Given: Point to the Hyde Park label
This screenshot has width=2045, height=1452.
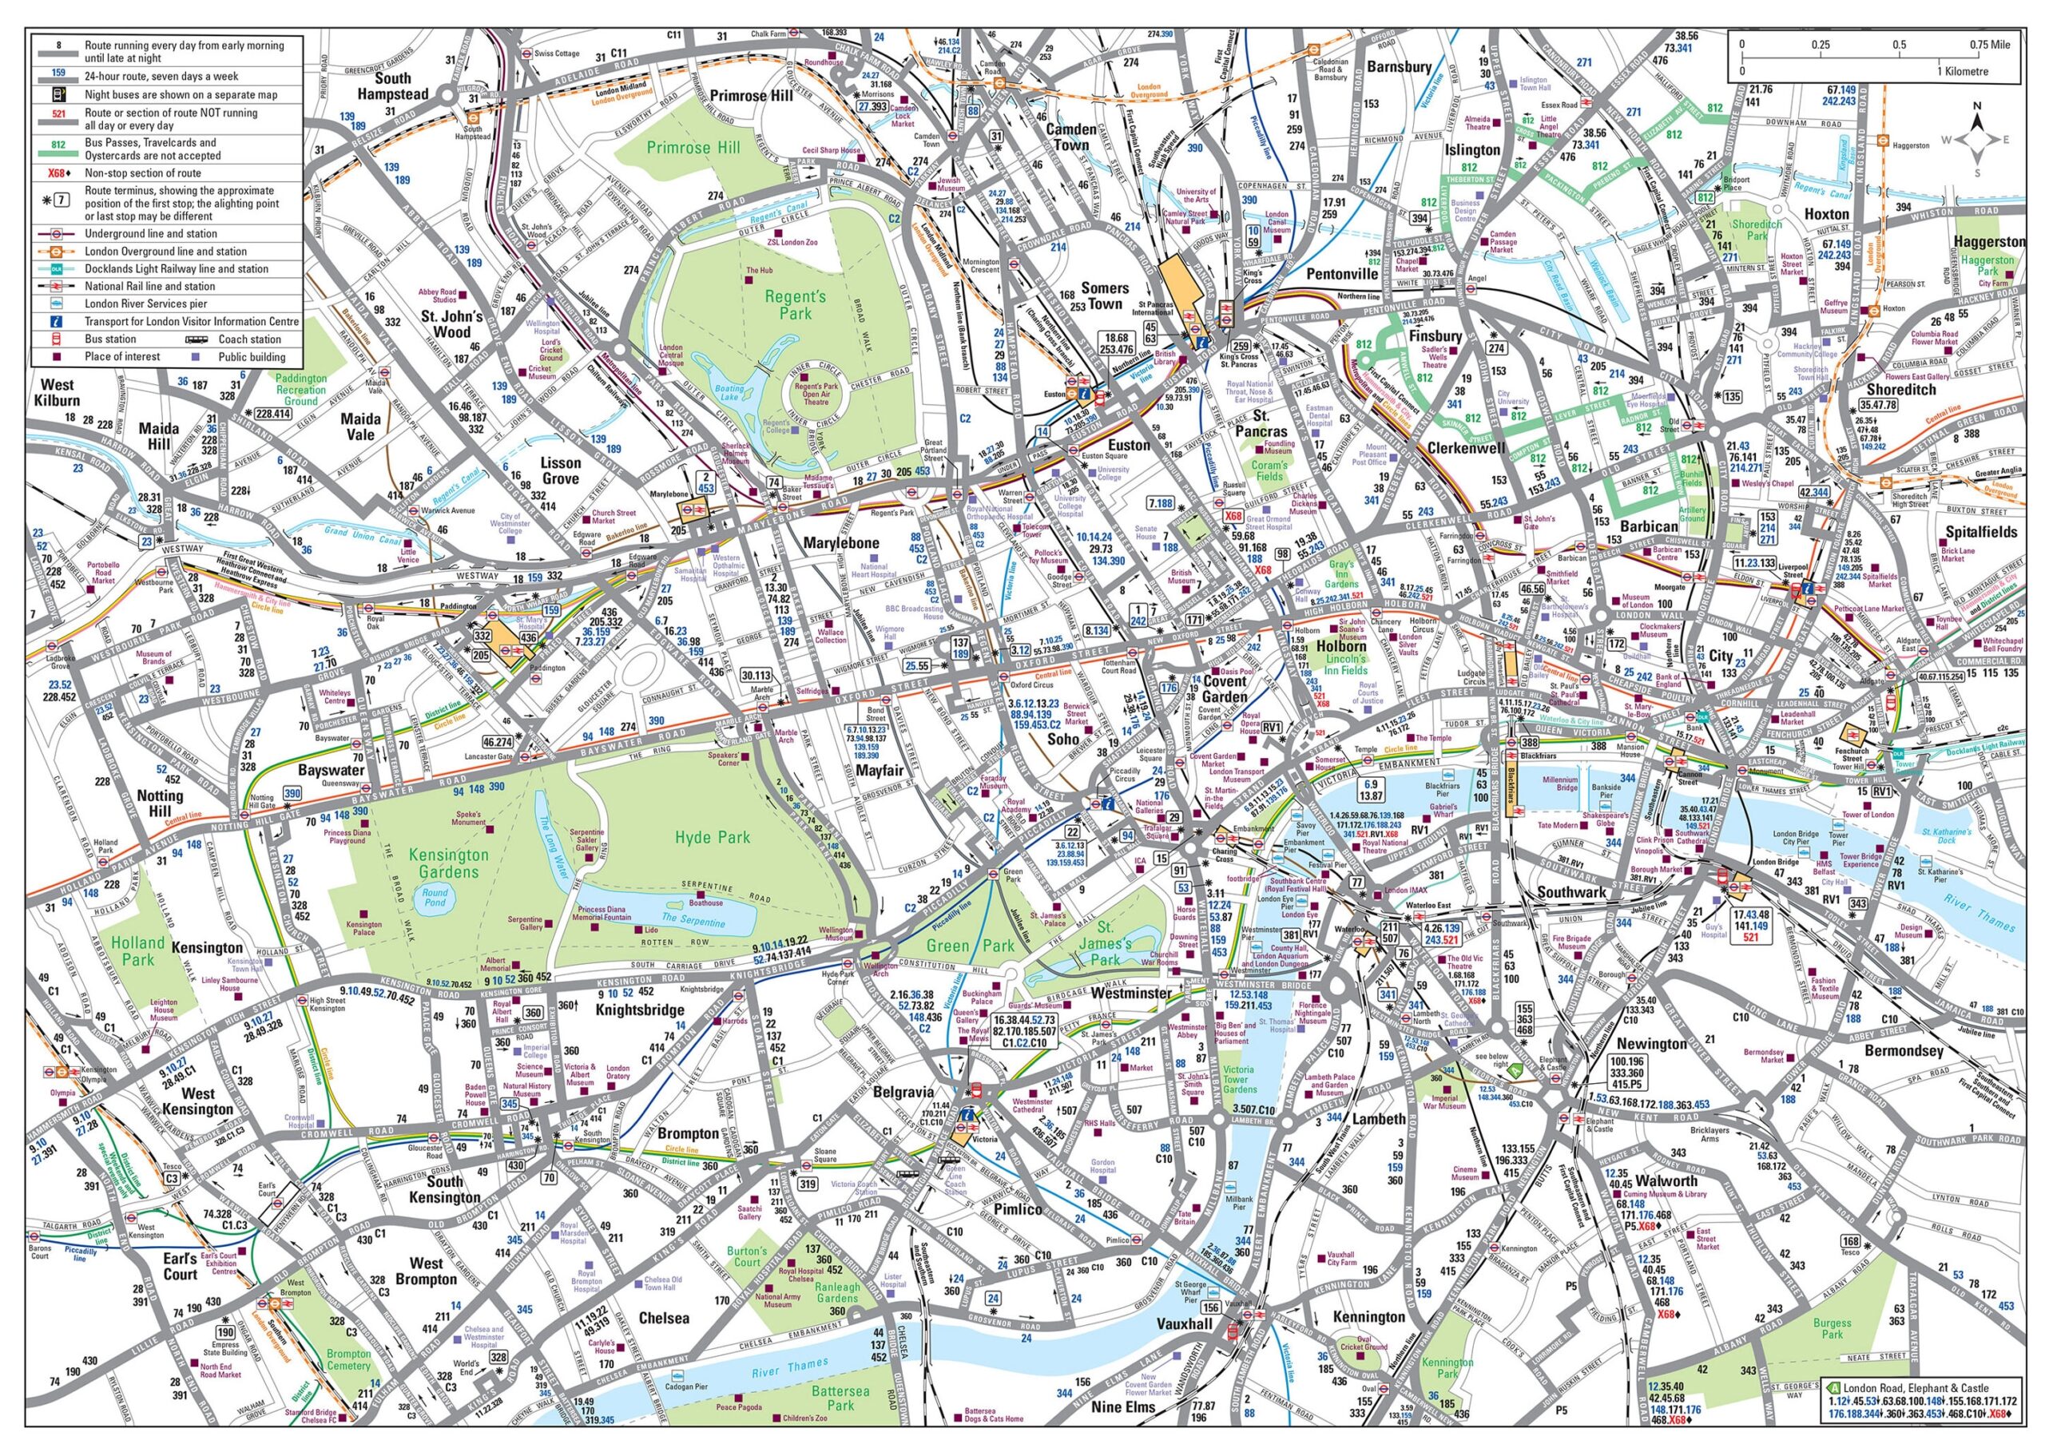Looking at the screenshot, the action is click(712, 838).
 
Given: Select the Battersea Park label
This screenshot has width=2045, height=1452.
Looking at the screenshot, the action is click(840, 1398).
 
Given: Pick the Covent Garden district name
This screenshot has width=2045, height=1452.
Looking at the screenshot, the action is click(1223, 689).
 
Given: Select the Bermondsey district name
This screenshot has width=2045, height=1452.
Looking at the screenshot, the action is click(1903, 1050).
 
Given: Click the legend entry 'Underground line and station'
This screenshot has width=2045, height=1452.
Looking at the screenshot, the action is click(151, 233).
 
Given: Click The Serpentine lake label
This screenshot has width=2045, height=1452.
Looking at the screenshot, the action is click(694, 918).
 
